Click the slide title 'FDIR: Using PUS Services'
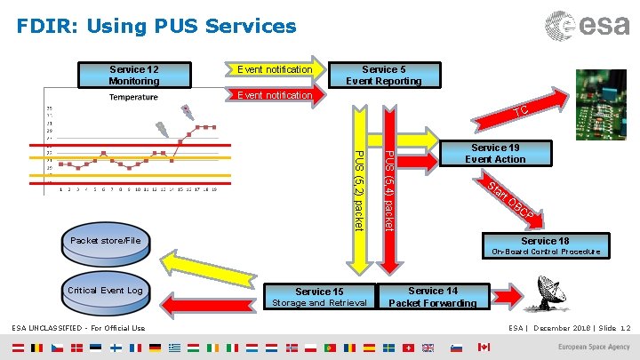(x=156, y=27)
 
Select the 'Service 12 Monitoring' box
(x=134, y=75)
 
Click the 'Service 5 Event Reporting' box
(x=384, y=75)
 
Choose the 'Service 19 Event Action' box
(x=498, y=154)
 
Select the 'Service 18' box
(x=545, y=241)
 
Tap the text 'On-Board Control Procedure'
(x=546, y=252)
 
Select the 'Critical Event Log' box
(x=105, y=291)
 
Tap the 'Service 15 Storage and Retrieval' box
(x=319, y=297)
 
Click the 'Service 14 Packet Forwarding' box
(x=433, y=297)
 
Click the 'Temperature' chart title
(x=133, y=97)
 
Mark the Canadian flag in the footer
(x=484, y=347)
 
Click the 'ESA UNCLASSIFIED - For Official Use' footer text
(x=78, y=328)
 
